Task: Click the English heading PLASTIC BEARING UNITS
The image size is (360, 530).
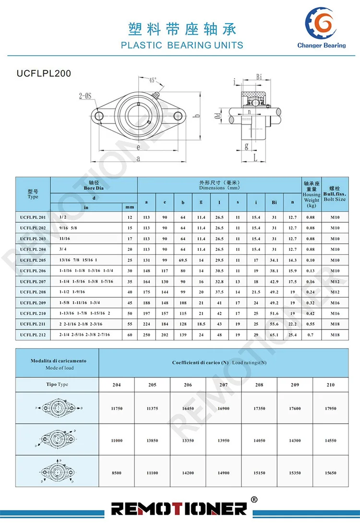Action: (x=182, y=46)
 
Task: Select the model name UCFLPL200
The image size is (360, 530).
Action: (x=44, y=73)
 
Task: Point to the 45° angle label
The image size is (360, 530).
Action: (x=153, y=80)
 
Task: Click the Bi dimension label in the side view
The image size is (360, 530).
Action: (x=258, y=77)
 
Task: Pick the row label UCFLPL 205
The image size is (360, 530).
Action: (x=33, y=260)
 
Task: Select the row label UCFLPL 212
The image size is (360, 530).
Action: (x=33, y=335)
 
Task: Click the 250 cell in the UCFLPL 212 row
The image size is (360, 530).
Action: (x=146, y=335)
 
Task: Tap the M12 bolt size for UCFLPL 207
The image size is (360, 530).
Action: (x=335, y=282)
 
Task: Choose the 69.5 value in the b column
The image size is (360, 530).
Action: (x=183, y=260)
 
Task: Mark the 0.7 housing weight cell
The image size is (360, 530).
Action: (x=311, y=335)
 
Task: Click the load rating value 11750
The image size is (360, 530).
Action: (x=117, y=408)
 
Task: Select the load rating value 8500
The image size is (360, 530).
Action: (x=117, y=473)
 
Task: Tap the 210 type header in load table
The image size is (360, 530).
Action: (x=330, y=385)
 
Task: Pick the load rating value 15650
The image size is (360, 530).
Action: (x=330, y=473)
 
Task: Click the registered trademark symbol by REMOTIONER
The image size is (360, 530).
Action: (x=254, y=499)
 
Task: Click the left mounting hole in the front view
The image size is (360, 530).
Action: (x=99, y=116)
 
